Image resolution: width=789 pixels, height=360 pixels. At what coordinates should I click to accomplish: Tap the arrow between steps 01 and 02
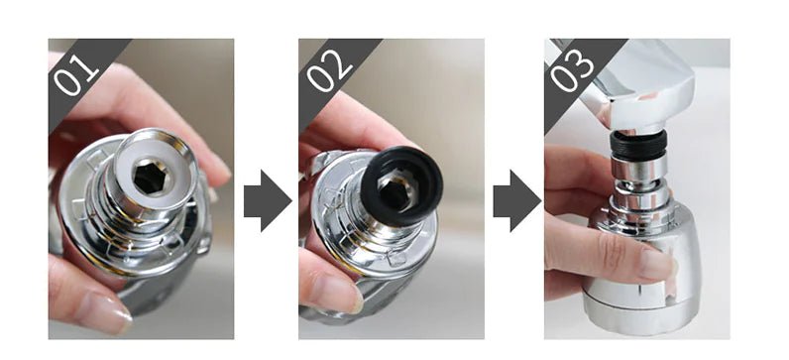(x=268, y=200)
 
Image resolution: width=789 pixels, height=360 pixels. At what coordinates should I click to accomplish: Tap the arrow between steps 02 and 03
(x=516, y=200)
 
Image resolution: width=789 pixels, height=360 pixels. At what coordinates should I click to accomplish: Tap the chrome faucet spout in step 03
(x=639, y=88)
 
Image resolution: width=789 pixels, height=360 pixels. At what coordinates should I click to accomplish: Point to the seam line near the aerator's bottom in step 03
(x=639, y=305)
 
